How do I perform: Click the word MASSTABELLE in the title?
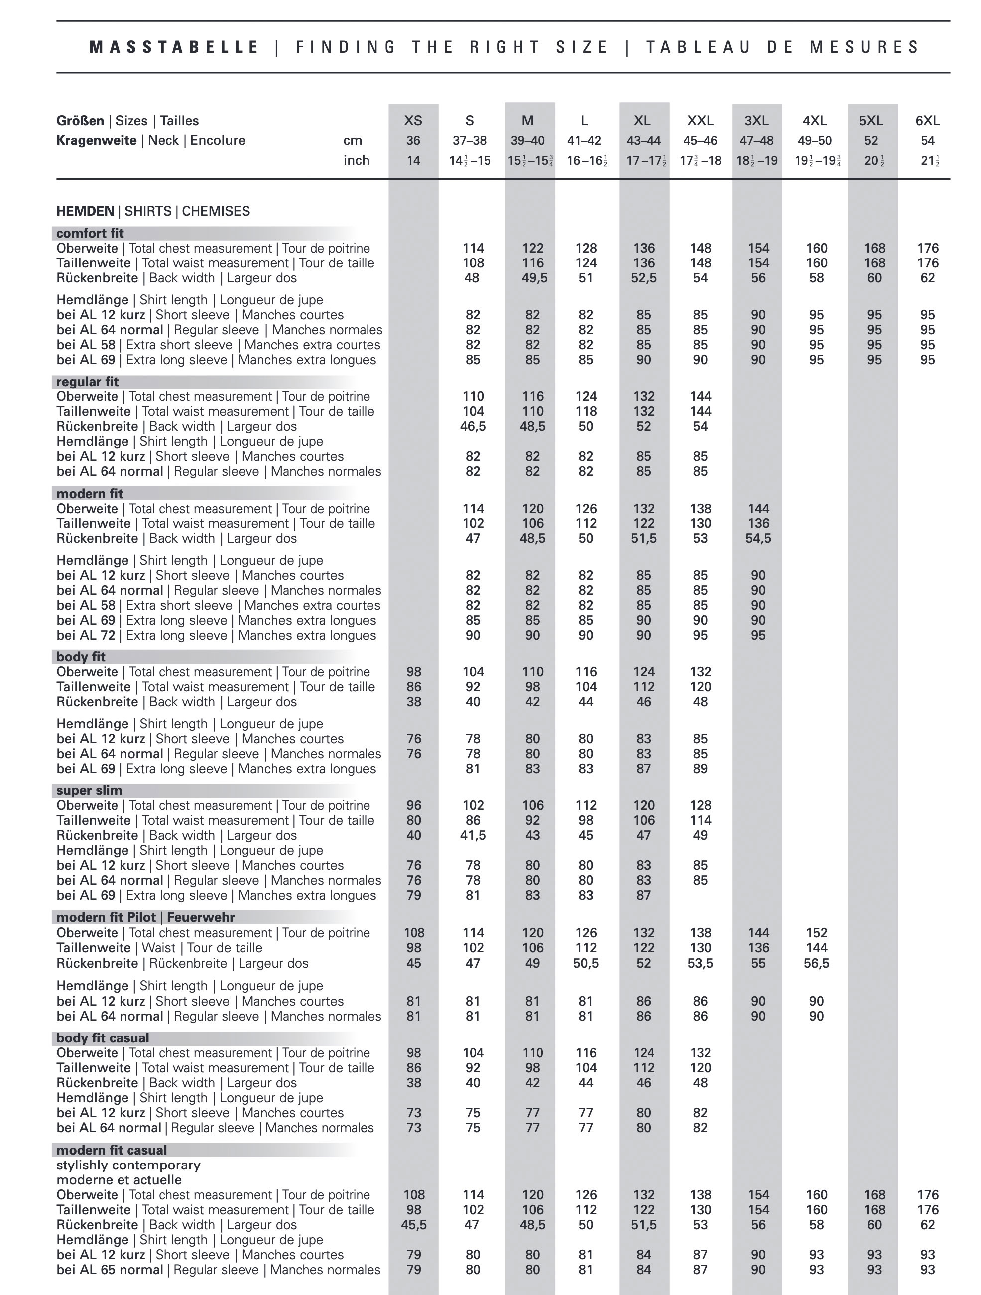click(174, 47)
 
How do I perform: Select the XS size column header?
click(413, 121)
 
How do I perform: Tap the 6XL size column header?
click(927, 121)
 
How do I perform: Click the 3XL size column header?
click(756, 121)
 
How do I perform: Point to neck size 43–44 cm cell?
click(643, 141)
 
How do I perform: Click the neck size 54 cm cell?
click(927, 141)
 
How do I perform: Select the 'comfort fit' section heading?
click(90, 233)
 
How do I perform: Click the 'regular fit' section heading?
click(87, 382)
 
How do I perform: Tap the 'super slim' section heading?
click(89, 790)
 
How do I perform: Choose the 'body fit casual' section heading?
click(103, 1038)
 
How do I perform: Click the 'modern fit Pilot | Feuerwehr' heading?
click(145, 917)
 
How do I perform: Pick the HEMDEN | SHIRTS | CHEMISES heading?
click(153, 211)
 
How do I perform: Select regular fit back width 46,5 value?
click(473, 427)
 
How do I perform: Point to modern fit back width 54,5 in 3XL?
click(758, 538)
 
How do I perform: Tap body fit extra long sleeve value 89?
click(700, 769)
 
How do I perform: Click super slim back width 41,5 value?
click(473, 835)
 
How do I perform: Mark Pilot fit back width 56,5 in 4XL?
click(816, 963)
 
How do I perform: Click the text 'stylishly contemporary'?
click(128, 1165)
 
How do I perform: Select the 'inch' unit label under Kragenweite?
click(357, 161)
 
